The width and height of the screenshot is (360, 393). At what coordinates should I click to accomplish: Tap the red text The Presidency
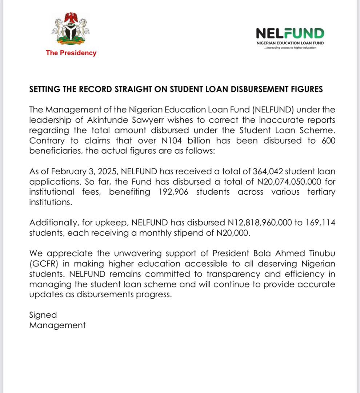click(x=71, y=53)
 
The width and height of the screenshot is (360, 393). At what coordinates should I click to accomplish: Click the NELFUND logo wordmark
click(x=290, y=33)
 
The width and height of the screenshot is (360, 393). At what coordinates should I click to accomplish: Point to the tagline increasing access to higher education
click(x=290, y=48)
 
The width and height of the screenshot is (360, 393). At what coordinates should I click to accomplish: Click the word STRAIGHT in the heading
click(x=132, y=89)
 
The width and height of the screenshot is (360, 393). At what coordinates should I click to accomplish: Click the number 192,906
click(x=173, y=192)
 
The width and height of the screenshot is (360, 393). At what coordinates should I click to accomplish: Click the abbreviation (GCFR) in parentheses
click(x=44, y=263)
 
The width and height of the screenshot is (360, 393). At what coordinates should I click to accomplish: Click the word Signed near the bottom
click(x=43, y=315)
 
